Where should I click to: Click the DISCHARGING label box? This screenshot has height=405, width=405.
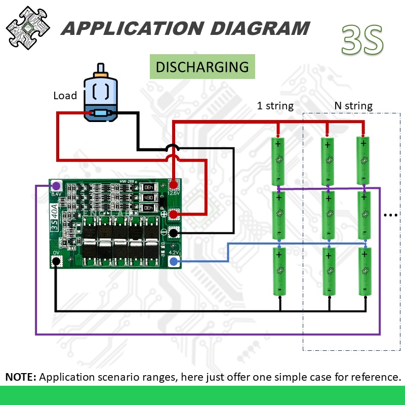tap(202, 67)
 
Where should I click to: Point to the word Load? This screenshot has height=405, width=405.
tap(65, 96)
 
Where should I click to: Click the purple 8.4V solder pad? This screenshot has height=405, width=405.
tap(56, 186)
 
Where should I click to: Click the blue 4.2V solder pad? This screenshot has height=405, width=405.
tap(174, 261)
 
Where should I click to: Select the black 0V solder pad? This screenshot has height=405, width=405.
tap(56, 261)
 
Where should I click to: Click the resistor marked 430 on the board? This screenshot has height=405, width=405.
tap(148, 197)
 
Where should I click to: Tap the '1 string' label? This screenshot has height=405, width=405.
tap(275, 106)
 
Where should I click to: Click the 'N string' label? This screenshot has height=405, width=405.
tap(353, 106)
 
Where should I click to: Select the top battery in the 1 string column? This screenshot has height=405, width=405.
tap(278, 161)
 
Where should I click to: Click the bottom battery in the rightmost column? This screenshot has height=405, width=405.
tap(364, 271)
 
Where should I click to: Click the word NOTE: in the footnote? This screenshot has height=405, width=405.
tap(21, 377)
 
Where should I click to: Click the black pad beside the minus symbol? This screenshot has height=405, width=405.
tap(174, 232)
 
